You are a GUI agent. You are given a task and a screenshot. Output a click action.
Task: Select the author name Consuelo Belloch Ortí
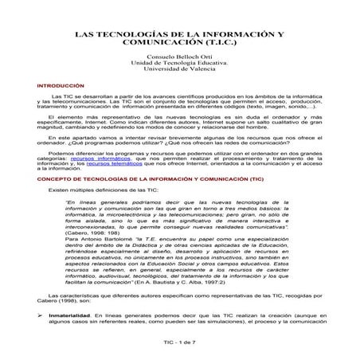point(180,62)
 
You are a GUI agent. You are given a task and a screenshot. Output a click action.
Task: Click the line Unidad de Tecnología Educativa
point(180,69)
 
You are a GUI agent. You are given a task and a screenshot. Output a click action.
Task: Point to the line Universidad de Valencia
point(180,76)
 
